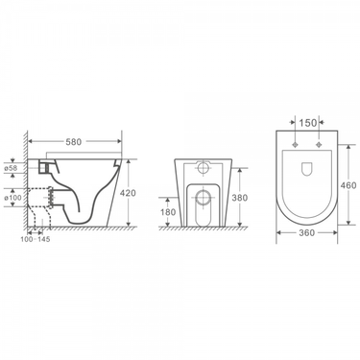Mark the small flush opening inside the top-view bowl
(x=306, y=172)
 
